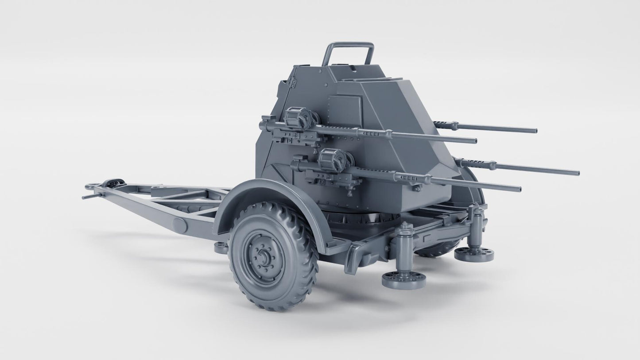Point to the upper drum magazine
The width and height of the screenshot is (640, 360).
tap(294, 117)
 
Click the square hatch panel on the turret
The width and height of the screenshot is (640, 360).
tap(343, 107)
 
